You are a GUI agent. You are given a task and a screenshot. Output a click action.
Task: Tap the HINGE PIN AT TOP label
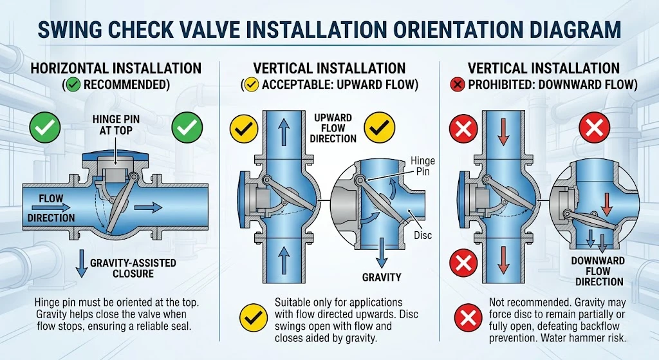point(116,125)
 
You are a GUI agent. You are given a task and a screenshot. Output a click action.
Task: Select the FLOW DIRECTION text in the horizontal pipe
point(51,208)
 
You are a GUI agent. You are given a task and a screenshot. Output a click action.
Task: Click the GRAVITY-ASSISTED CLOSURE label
point(133,269)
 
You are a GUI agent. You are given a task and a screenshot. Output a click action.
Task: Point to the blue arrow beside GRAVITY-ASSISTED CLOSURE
point(81,263)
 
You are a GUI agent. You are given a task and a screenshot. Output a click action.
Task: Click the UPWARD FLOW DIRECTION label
point(333,128)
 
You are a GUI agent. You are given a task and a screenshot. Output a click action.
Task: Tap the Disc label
point(422,235)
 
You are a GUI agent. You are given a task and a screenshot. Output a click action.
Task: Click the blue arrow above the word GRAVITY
point(381,252)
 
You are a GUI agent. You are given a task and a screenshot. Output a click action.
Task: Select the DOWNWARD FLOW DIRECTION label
point(599,271)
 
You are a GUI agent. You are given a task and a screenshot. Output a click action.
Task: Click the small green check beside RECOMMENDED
point(73,85)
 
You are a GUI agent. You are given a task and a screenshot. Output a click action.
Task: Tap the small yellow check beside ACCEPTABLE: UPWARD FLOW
point(252,85)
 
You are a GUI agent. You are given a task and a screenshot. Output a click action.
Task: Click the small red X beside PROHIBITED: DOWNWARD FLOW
point(457,85)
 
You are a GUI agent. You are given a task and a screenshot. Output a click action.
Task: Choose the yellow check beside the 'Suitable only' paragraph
point(254,317)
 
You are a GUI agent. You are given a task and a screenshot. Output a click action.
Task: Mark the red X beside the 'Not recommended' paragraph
point(469,317)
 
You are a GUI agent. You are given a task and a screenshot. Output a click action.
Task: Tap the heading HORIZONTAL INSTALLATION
point(116,68)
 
